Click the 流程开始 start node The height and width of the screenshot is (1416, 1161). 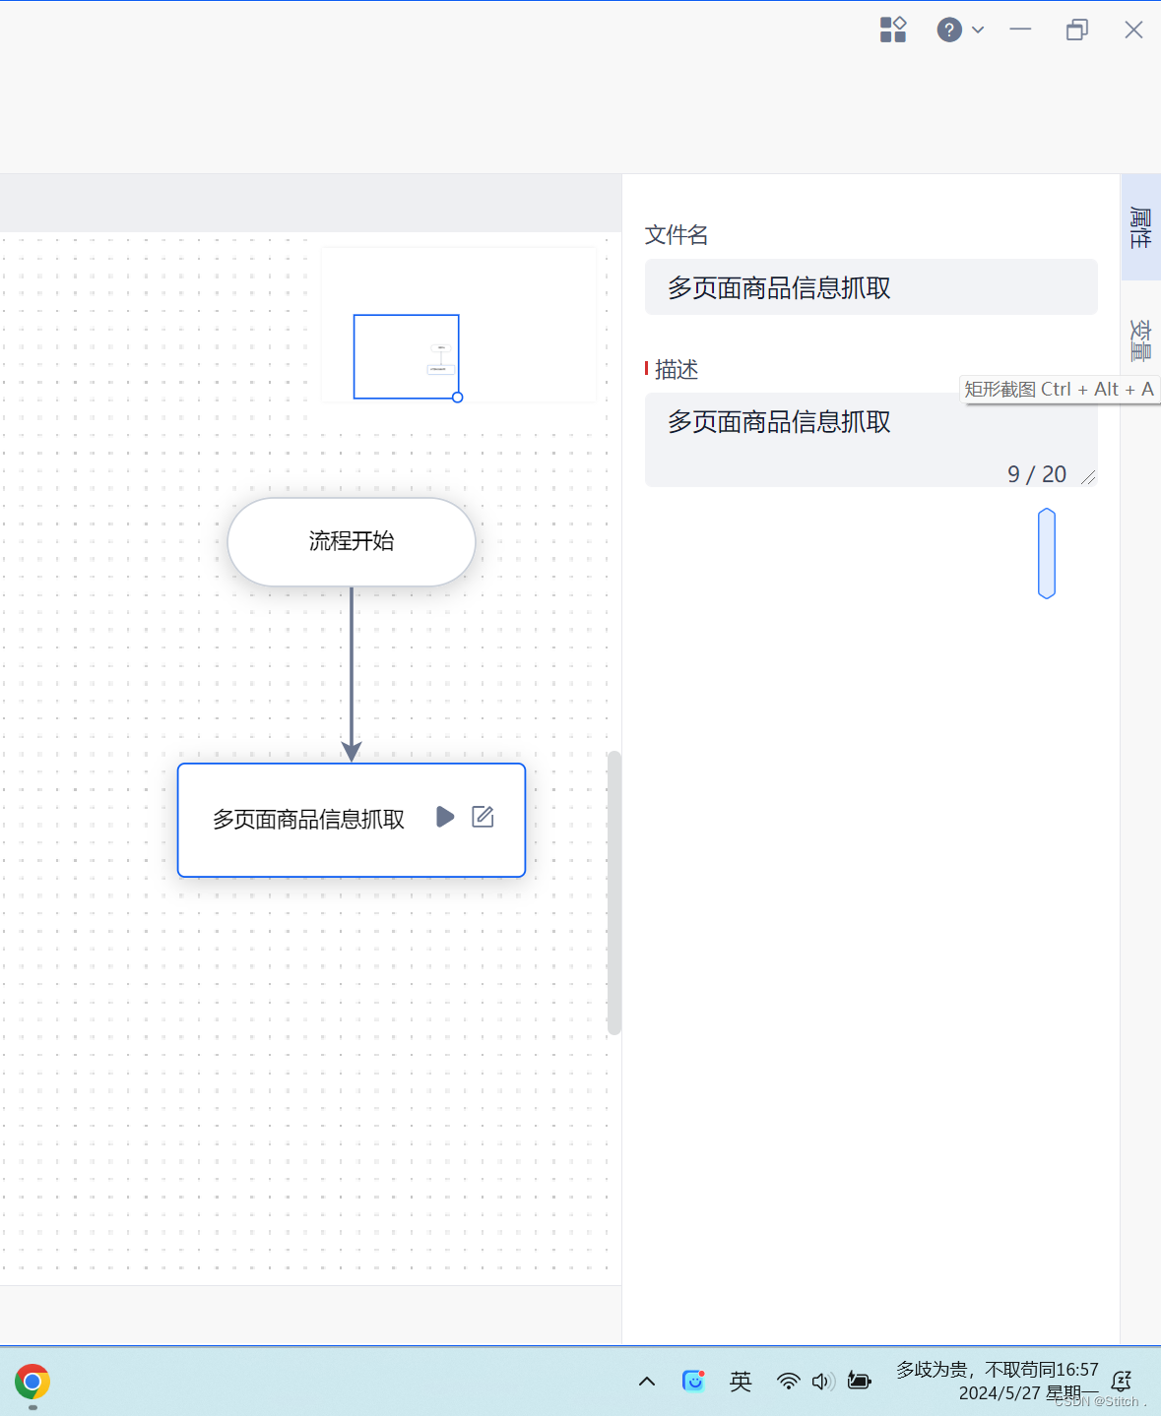tap(351, 541)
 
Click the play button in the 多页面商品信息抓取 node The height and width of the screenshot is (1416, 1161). tap(445, 817)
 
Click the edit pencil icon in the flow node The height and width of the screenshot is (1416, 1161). tap(483, 817)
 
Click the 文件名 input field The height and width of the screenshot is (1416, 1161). tap(871, 287)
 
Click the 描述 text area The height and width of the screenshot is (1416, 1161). tap(871, 433)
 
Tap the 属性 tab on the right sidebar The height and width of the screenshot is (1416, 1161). tap(1140, 227)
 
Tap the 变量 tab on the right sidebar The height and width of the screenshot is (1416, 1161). tap(1140, 339)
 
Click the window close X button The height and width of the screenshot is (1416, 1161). tap(1133, 30)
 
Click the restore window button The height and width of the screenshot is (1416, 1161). tap(1077, 30)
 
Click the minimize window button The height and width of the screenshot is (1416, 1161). tap(1020, 30)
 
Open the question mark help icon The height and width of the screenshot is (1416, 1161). tap(949, 30)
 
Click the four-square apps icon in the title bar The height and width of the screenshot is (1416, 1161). tap(893, 30)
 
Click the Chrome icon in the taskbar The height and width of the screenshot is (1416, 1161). tap(32, 1382)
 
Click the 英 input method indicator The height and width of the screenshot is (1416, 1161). tap(741, 1382)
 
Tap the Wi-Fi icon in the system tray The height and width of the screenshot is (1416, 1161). tap(788, 1382)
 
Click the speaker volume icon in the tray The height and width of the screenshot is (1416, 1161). tap(822, 1382)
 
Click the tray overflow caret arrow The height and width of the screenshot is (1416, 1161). tap(647, 1382)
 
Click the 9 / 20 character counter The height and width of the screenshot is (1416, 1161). tap(1036, 474)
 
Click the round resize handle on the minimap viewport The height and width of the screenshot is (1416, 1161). tap(457, 398)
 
